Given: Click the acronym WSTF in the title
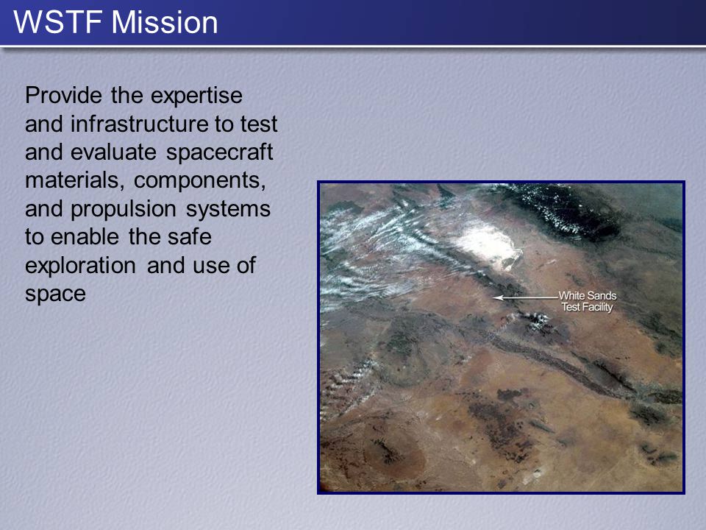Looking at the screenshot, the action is pyautogui.click(x=60, y=22).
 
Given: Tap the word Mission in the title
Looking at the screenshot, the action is pyautogui.click(x=164, y=22).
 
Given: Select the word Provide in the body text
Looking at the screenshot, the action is pyautogui.click(x=63, y=95).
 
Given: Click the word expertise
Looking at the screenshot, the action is pyautogui.click(x=196, y=96).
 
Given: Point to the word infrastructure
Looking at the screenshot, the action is pyautogui.click(x=140, y=124).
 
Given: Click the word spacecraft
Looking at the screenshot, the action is pyautogui.click(x=220, y=152).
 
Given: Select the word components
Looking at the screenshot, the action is pyautogui.click(x=199, y=181).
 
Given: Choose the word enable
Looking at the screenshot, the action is pyautogui.click(x=85, y=236).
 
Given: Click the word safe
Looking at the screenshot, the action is pyautogui.click(x=190, y=236).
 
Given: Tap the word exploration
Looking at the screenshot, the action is pyautogui.click(x=81, y=266).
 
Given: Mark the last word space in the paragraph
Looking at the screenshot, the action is pyautogui.click(x=55, y=294).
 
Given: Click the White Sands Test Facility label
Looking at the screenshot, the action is pyautogui.click(x=588, y=302).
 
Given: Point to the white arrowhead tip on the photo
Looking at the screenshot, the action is pyautogui.click(x=493, y=297).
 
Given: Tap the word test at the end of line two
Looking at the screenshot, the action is pyautogui.click(x=259, y=124).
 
